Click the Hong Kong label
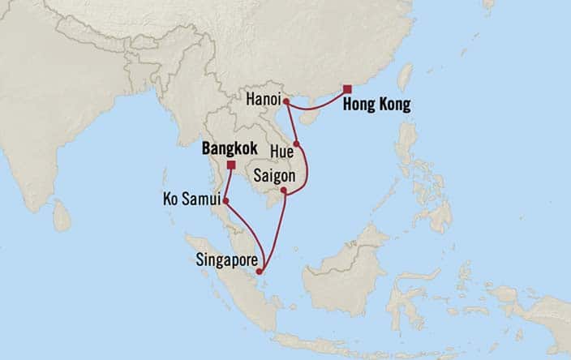pos(376,105)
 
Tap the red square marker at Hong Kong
pos(346,89)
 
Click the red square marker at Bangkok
pos(231,165)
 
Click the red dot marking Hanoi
pos(286,101)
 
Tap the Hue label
pos(281,152)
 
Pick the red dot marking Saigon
pos(285,191)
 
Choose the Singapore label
pos(227,261)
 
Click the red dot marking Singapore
pos(259,272)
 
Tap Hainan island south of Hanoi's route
pos(308,117)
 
